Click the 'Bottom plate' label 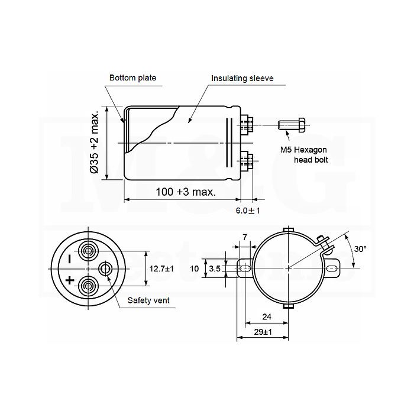click(x=132, y=78)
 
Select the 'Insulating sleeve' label click(x=242, y=79)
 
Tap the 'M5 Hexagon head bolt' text click(x=304, y=155)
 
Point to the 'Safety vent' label click(x=148, y=300)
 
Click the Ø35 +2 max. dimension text click(x=94, y=143)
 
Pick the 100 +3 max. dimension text click(x=186, y=192)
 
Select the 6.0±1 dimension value click(x=248, y=211)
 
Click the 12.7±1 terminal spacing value click(x=161, y=269)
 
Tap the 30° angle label click(x=360, y=249)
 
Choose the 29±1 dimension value click(x=263, y=332)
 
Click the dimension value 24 click(x=267, y=317)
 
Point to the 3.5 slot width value click(x=214, y=269)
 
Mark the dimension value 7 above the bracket click(x=245, y=237)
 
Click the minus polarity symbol click(x=70, y=259)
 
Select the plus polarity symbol click(x=70, y=280)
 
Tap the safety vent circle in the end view click(x=105, y=269)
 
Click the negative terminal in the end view click(x=88, y=251)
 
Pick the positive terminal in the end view click(x=88, y=286)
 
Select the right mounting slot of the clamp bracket click(x=332, y=269)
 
